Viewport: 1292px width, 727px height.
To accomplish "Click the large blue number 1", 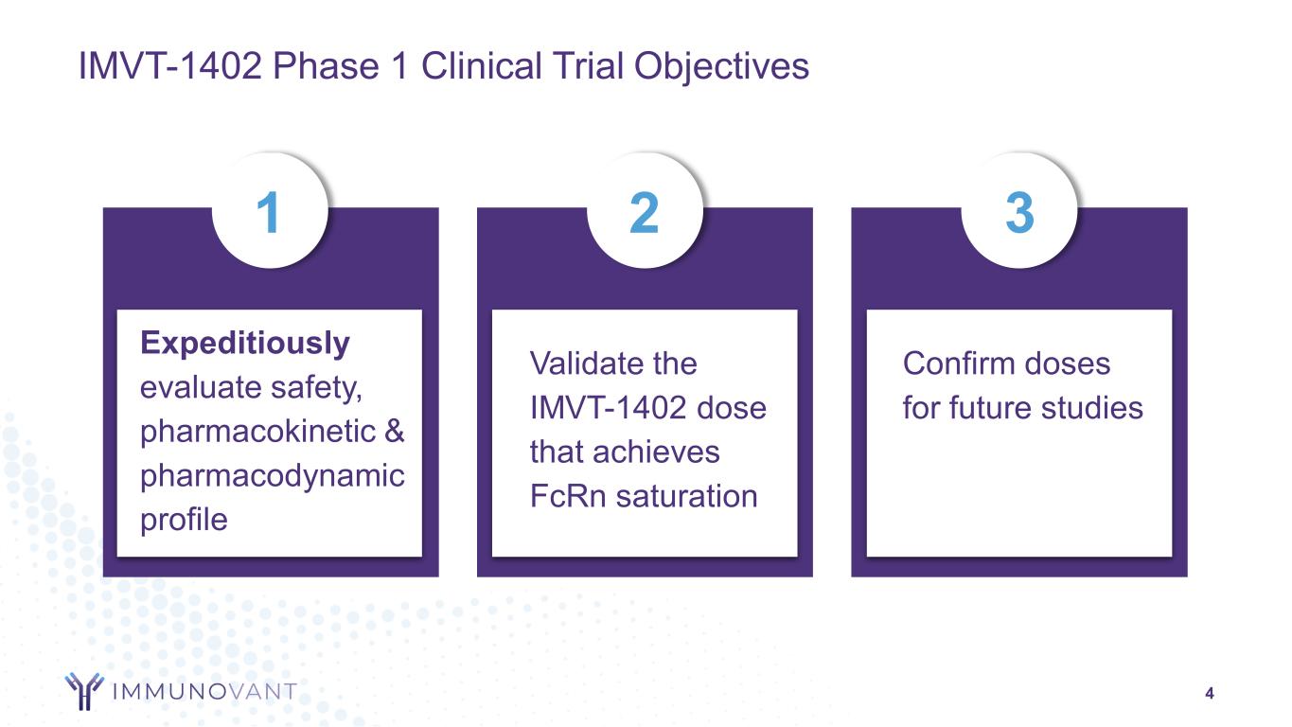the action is (269, 212).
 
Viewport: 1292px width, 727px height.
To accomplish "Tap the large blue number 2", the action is (645, 212).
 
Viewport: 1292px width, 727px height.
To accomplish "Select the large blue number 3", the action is (1019, 212).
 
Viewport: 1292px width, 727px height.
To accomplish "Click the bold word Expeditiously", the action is (245, 344).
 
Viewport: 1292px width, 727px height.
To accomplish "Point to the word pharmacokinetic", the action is (257, 431).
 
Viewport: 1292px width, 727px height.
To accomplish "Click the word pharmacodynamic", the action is (273, 476).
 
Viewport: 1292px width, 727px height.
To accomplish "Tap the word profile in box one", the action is (184, 520).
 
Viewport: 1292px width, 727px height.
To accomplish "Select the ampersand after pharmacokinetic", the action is (395, 431).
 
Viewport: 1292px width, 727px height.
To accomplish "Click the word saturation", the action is (687, 496).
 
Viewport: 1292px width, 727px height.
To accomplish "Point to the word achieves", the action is (656, 452).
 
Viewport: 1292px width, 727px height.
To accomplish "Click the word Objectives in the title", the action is (721, 66).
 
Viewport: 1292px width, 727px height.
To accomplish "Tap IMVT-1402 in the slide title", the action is (169, 65).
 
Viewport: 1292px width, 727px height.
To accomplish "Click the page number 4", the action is (1210, 693).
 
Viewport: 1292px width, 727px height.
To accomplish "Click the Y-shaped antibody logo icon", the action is (84, 691).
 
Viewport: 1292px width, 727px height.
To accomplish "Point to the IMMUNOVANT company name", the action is (204, 691).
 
